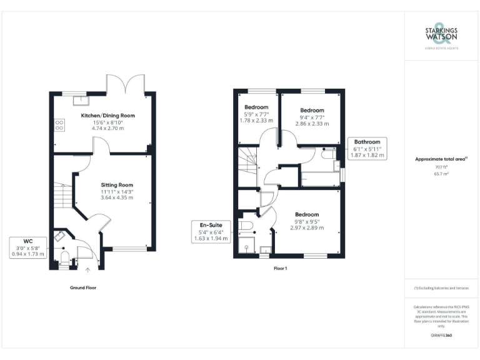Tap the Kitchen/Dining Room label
pos(107,116)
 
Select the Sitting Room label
pos(117,185)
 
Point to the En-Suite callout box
pos(211,231)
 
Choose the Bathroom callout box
pos(367,147)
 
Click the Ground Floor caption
pos(83,287)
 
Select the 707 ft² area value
pos(441,167)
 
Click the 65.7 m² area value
pos(441,174)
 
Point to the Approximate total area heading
pos(441,160)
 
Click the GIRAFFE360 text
pos(441,336)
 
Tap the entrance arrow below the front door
pos(87,270)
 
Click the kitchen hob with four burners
pos(61,125)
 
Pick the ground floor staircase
pos(61,197)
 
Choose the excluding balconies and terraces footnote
pos(441,287)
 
